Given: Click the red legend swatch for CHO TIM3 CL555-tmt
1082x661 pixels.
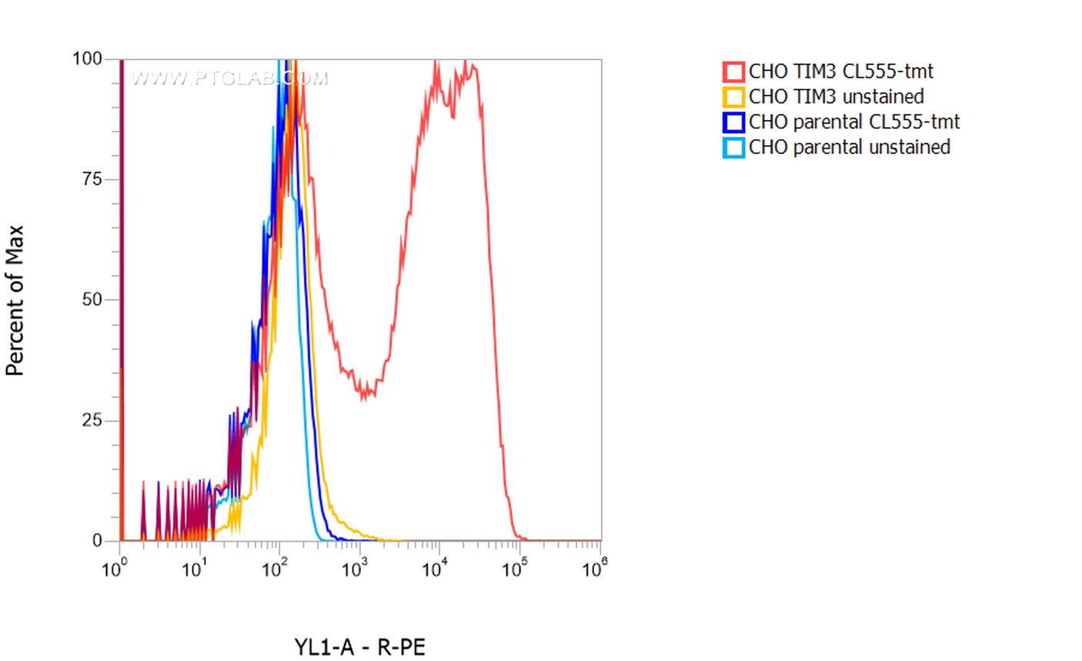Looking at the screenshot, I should (733, 72).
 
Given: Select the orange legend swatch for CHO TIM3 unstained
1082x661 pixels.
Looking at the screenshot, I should (733, 97).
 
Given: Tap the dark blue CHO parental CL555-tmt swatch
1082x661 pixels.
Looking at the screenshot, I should (733, 122).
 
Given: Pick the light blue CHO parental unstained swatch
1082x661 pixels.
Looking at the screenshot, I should (733, 147).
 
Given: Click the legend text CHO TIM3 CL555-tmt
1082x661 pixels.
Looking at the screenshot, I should (840, 72).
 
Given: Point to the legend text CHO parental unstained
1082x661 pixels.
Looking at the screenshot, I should (849, 147).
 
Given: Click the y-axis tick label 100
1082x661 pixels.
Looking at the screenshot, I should (87, 59).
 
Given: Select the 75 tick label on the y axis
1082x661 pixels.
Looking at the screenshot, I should (92, 179).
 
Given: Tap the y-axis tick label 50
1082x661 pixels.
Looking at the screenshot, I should (92, 300).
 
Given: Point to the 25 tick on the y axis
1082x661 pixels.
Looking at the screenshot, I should (92, 420).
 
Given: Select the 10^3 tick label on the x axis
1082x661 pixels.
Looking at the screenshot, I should (354, 569).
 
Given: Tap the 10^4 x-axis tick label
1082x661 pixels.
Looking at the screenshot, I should (434, 569).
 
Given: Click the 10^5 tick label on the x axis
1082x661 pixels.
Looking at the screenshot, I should (514, 569).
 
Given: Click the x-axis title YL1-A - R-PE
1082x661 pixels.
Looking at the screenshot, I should (359, 647).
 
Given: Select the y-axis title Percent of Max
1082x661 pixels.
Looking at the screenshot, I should (15, 300).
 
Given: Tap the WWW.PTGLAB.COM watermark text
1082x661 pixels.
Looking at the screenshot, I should (229, 78).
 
